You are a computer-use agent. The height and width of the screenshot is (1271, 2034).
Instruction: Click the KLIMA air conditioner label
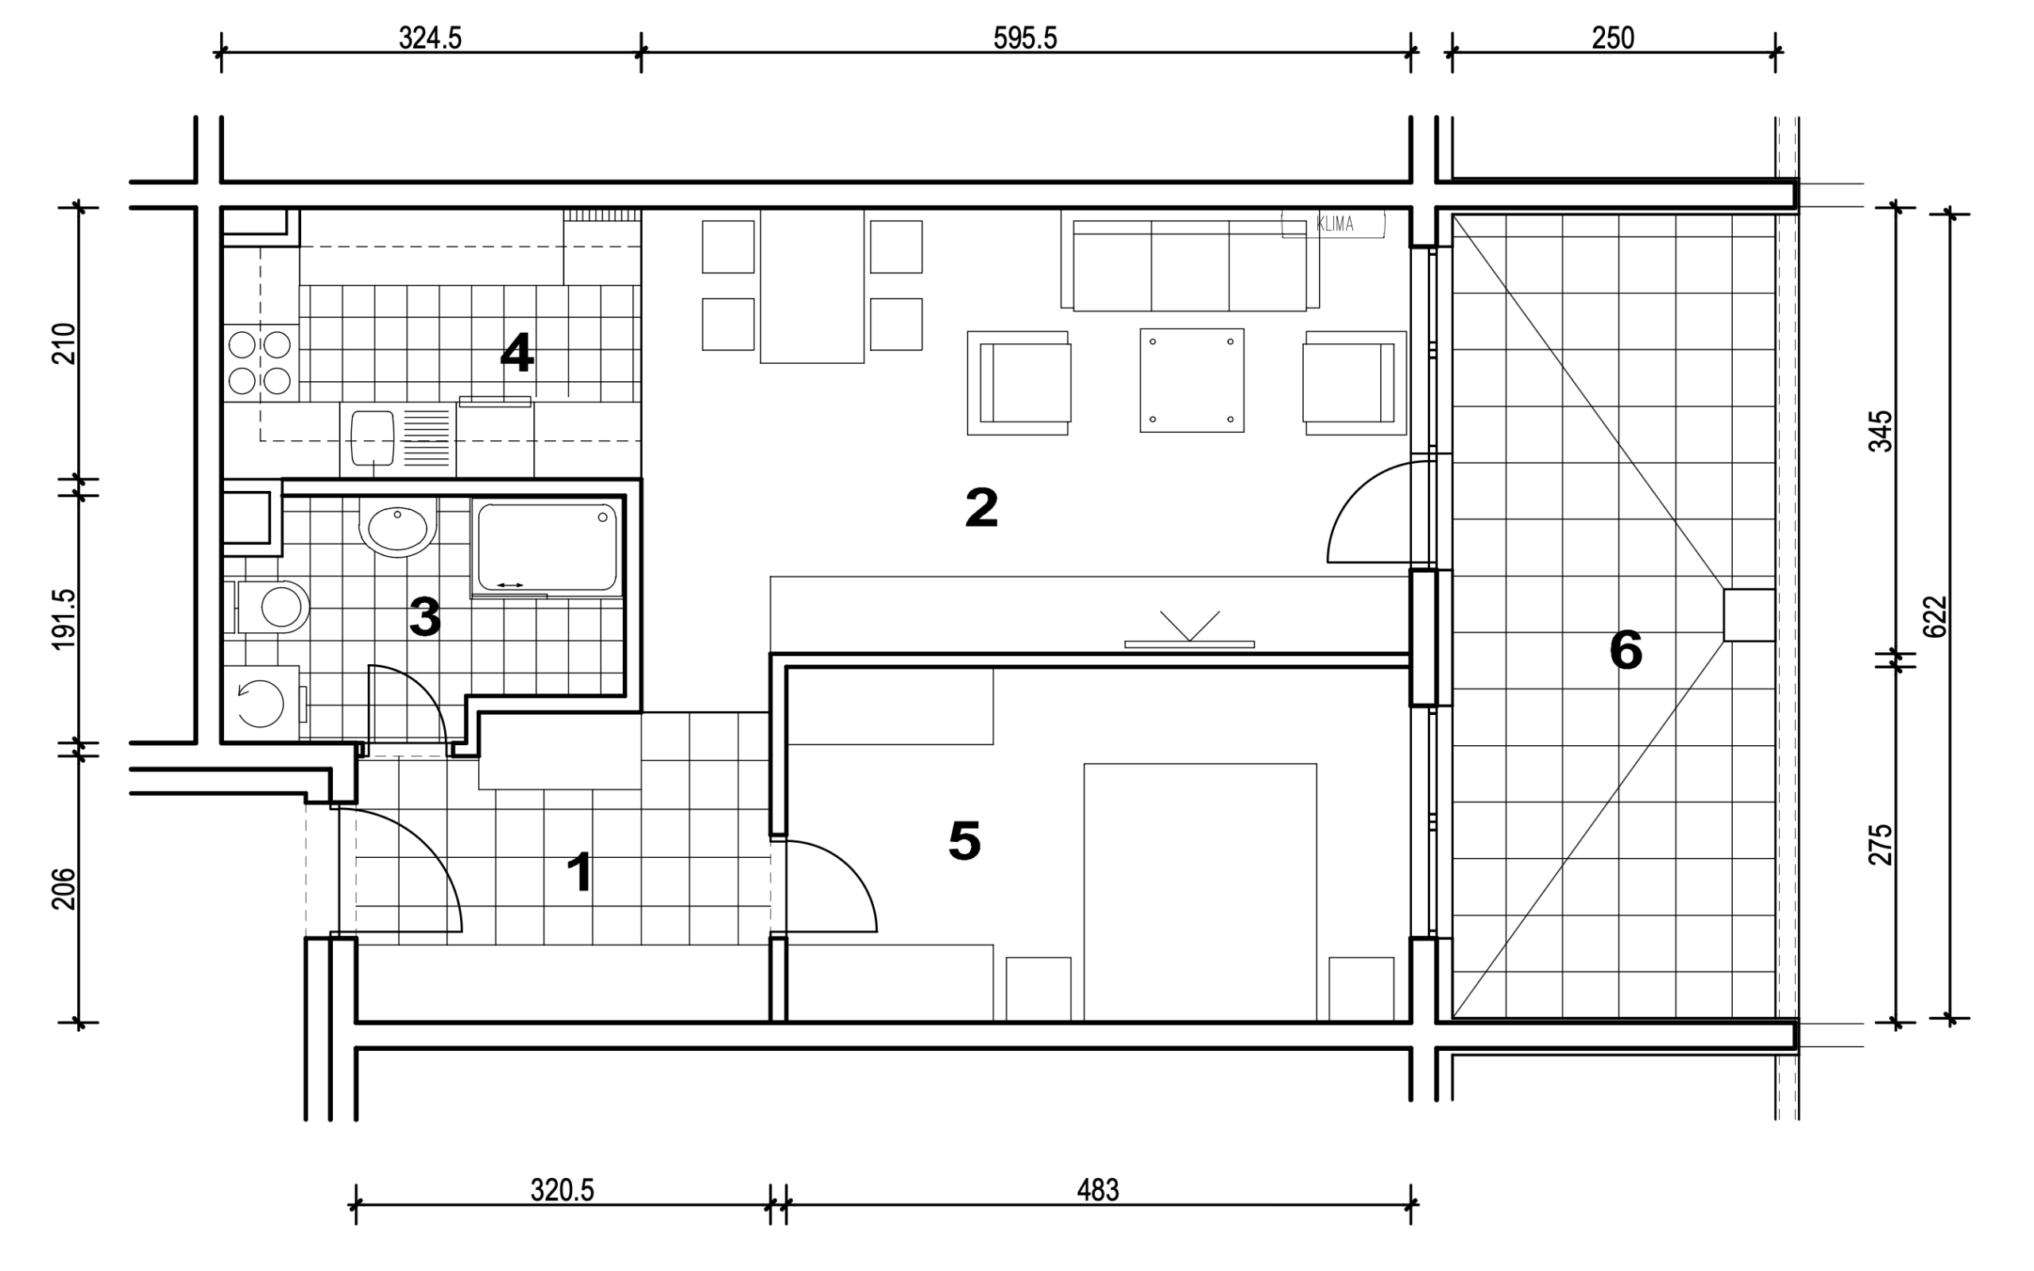coord(1335,223)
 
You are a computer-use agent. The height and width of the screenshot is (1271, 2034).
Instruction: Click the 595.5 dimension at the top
coord(1025,38)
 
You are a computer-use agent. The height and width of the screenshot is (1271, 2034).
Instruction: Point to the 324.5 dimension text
coord(430,38)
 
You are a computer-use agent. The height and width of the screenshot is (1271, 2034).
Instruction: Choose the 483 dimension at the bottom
coord(1098,1190)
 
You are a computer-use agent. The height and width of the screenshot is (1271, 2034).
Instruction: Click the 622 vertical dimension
coord(1935,617)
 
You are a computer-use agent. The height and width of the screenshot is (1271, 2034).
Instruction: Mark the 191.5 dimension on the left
coord(64,620)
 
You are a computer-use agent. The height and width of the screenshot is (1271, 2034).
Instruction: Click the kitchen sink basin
coord(373,437)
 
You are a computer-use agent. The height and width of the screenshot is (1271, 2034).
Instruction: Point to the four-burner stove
coord(260,362)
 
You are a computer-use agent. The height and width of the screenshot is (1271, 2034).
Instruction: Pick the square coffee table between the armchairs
coord(1192,380)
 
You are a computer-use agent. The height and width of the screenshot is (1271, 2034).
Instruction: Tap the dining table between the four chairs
coord(812,286)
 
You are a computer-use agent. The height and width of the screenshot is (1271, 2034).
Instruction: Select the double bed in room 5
coord(1201,892)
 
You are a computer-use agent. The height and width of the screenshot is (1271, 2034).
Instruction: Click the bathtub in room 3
coord(547,547)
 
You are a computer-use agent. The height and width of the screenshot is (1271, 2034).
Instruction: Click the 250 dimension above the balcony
coord(1612,38)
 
